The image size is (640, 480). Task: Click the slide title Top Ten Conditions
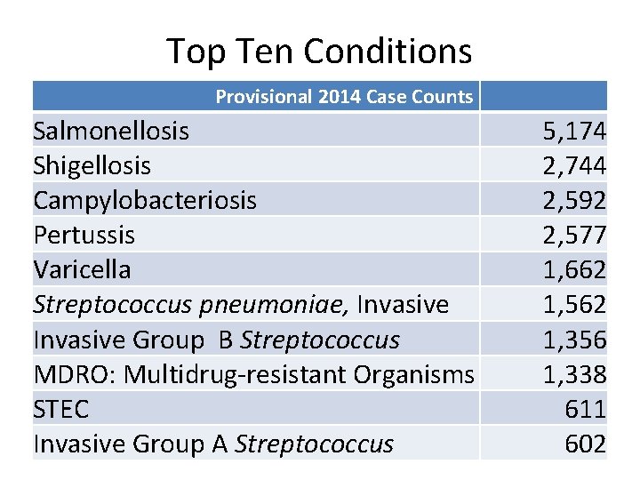click(319, 52)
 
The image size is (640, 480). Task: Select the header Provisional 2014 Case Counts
click(344, 97)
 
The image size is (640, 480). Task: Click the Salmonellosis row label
click(111, 132)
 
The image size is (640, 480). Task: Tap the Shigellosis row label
click(92, 166)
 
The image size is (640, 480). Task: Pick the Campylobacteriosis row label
click(145, 200)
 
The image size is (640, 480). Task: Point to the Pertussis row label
click(84, 235)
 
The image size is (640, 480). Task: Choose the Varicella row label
click(82, 269)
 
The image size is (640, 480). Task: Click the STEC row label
click(61, 409)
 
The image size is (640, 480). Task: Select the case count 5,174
click(574, 132)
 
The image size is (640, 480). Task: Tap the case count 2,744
click(574, 166)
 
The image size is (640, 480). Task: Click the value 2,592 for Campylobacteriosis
click(574, 200)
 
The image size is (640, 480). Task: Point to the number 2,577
click(574, 235)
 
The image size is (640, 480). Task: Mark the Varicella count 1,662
click(574, 269)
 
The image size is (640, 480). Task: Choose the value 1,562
click(574, 304)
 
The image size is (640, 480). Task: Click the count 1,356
click(574, 340)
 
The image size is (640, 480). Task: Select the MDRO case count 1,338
click(574, 374)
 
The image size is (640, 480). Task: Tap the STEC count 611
click(585, 409)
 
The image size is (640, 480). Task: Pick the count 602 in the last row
click(585, 444)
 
